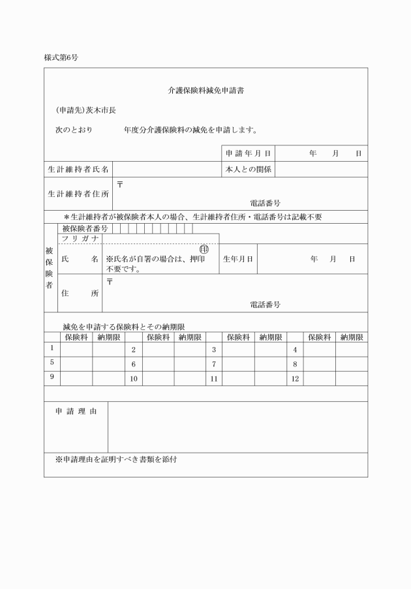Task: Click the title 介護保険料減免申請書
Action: pos(205,91)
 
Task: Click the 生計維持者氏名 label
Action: pos(78,170)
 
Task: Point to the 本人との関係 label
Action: pos(248,170)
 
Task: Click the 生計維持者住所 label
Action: pos(78,194)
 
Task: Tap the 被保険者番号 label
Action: pos(85,229)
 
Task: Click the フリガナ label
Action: pos(80,239)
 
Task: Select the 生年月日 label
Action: pos(239,259)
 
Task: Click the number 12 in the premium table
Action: pos(294,378)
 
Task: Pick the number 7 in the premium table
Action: pos(214,363)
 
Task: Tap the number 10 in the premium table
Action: pos(134,378)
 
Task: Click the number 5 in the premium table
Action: pos(52,363)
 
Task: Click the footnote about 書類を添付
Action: pos(116,459)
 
